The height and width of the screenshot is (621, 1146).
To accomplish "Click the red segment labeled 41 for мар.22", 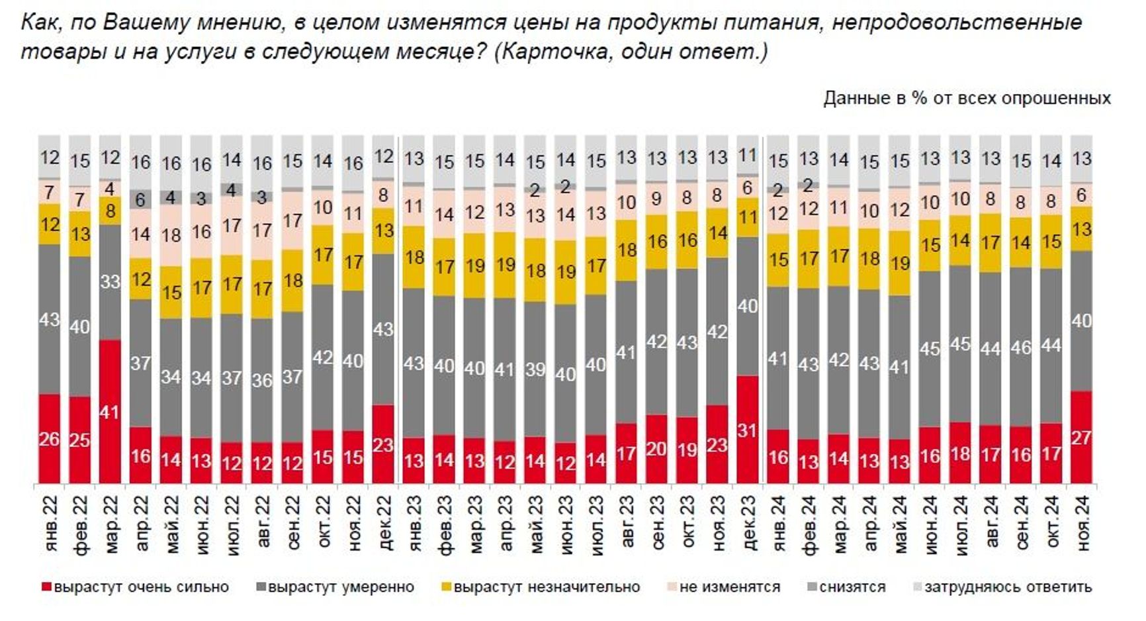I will [110, 411].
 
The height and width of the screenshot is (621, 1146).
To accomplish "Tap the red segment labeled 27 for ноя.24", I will [1080, 437].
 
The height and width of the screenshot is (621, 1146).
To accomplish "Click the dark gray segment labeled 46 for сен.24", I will [1020, 347].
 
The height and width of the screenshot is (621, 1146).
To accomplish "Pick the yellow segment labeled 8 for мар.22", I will [110, 211].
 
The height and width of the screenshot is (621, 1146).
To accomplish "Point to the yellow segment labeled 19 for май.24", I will [899, 263].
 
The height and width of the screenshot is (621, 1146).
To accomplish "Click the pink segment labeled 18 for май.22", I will [171, 235].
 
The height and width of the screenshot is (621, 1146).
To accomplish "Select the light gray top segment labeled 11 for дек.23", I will [747, 156].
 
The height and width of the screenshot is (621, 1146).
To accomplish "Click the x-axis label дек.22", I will [384, 524].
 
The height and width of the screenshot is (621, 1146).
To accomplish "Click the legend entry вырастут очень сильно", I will [135, 587].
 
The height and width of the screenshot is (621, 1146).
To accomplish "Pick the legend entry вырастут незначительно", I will [541, 587].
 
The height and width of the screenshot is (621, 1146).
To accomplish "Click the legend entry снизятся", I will [846, 587].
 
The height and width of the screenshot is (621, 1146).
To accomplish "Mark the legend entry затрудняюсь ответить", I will [1002, 587].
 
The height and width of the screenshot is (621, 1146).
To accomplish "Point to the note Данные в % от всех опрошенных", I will [966, 99].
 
